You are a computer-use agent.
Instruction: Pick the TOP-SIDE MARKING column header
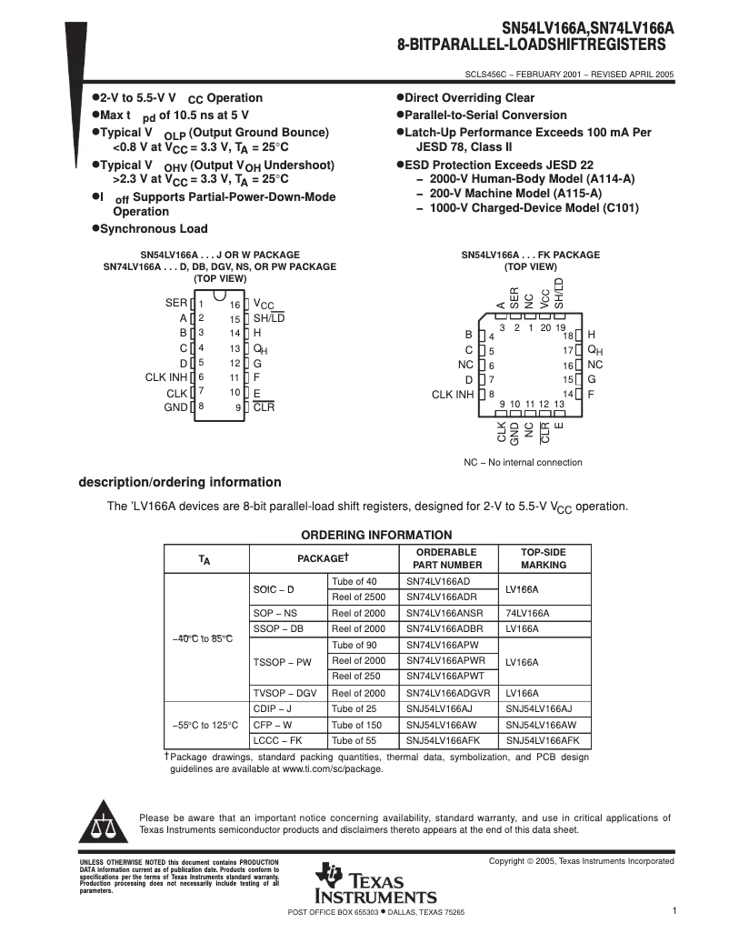coord(543,558)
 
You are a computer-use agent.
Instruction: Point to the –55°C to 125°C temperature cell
coord(205,725)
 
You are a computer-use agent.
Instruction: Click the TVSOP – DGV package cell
coord(285,693)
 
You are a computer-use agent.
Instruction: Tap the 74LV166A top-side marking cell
coord(527,613)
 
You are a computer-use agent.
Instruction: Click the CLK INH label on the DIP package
coord(166,376)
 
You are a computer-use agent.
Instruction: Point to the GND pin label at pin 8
coord(175,407)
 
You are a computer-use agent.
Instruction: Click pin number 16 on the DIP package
coord(235,305)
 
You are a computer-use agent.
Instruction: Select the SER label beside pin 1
coord(176,303)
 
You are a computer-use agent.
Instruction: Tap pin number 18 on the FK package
coord(568,336)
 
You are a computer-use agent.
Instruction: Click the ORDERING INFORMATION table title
coord(376,535)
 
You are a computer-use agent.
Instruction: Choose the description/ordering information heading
coord(180,482)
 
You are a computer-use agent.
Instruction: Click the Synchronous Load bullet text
coord(153,229)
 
